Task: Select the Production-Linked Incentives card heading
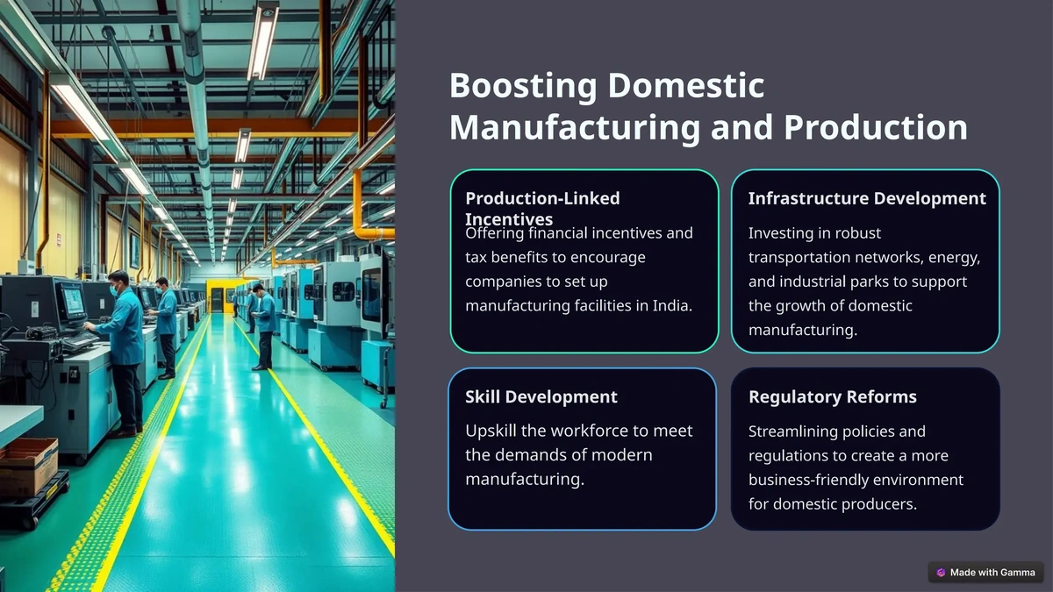pyautogui.click(x=541, y=208)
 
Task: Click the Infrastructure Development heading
pyautogui.click(x=867, y=198)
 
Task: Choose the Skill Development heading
pyautogui.click(x=541, y=396)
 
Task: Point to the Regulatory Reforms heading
pyautogui.click(x=832, y=396)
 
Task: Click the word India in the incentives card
pyautogui.click(x=672, y=306)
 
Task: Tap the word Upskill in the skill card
pyautogui.click(x=493, y=431)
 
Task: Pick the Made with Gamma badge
pyautogui.click(x=985, y=572)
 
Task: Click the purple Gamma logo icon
pyautogui.click(x=941, y=572)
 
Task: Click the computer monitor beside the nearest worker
pyautogui.click(x=71, y=301)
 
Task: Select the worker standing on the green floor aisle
pyautogui.click(x=261, y=325)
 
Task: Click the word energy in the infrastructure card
pyautogui.click(x=956, y=258)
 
